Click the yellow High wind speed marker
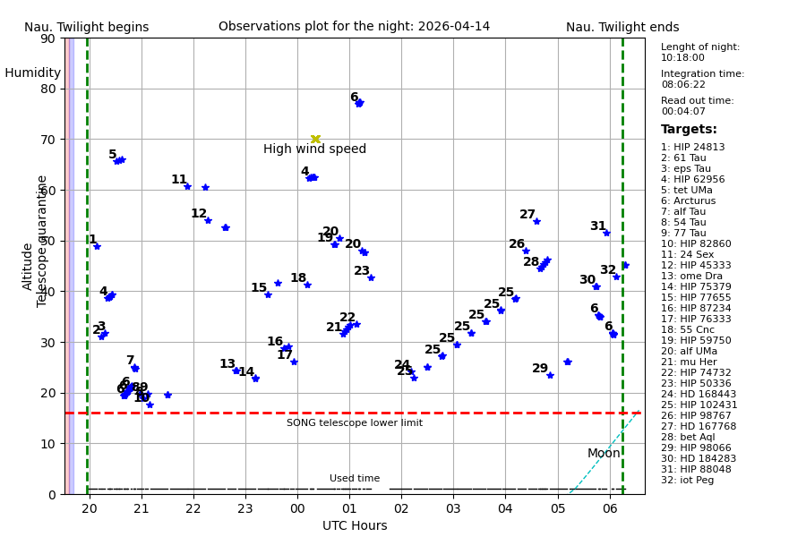coord(315,139)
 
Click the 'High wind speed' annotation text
coord(314,149)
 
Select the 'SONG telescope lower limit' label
coord(355,423)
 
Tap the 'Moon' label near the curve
coord(604,454)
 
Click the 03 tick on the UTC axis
coord(453,508)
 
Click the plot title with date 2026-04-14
coord(354,27)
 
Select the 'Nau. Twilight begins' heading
coord(86,28)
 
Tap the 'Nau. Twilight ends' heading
coord(622,28)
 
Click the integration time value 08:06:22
coord(682,85)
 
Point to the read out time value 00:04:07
coord(682,112)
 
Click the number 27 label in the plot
coord(527,215)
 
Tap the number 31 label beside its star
coord(597,226)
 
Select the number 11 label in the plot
coord(179,180)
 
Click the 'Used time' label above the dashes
coord(355,479)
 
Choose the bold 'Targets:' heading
coord(689,130)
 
